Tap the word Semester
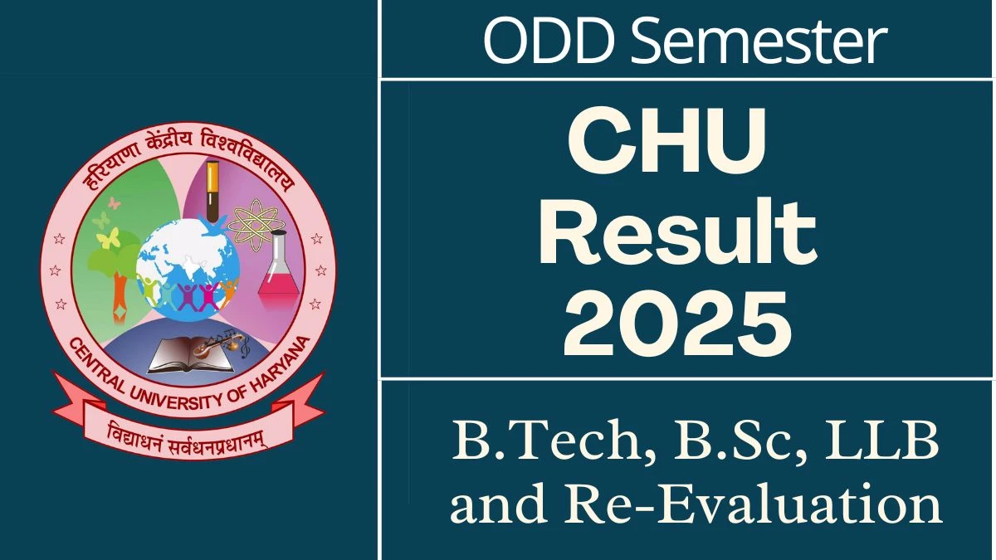pyautogui.click(x=759, y=40)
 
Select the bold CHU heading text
pyautogui.click(x=667, y=142)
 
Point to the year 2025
pyautogui.click(x=677, y=324)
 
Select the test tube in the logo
pyautogui.click(x=212, y=190)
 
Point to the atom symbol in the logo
pyautogui.click(x=256, y=225)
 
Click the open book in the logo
pyautogui.click(x=191, y=356)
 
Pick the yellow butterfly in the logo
pyautogui.click(x=108, y=238)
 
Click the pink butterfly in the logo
pyautogui.click(x=115, y=203)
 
